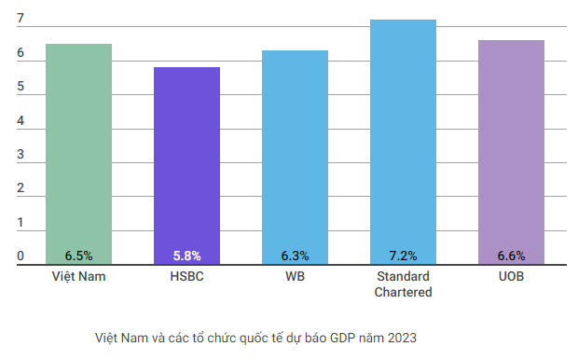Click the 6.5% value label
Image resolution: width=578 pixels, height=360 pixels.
tap(78, 256)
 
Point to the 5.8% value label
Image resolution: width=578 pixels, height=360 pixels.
tap(186, 256)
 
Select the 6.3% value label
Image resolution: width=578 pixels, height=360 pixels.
tap(295, 256)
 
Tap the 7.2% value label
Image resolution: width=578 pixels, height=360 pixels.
tap(403, 256)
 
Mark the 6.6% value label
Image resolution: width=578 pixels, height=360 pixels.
tap(511, 256)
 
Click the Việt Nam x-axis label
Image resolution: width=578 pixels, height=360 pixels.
tap(78, 278)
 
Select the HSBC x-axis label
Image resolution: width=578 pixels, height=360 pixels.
tap(186, 278)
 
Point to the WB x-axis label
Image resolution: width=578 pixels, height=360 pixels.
tap(295, 278)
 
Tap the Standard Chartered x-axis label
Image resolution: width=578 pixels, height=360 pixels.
tap(403, 284)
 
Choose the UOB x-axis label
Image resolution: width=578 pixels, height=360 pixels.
tap(511, 278)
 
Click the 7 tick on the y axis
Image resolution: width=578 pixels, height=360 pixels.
tap(21, 19)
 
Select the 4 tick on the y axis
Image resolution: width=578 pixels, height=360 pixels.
tap(21, 121)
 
